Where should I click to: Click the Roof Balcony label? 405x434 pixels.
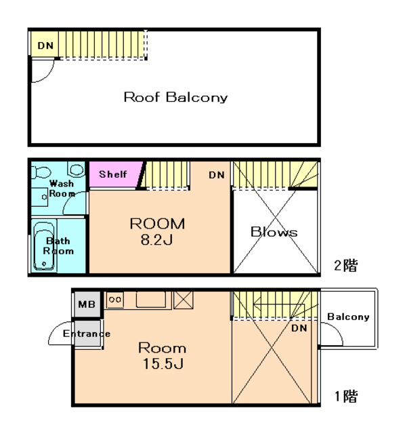(x=175, y=98)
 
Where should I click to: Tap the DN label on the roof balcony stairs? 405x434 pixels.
(x=45, y=45)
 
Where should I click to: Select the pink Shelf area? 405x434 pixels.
(x=114, y=174)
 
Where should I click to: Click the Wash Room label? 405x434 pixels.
(x=62, y=189)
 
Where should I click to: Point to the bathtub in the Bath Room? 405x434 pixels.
(x=44, y=245)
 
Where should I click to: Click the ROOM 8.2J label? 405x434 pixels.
(x=157, y=231)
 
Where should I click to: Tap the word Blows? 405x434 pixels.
(x=274, y=232)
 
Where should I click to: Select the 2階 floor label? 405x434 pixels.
(x=345, y=265)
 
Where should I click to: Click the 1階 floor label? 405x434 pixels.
(x=346, y=396)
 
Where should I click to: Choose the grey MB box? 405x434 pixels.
(x=87, y=304)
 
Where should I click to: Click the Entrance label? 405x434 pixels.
(x=87, y=334)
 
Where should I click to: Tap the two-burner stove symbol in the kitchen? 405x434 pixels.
(x=115, y=300)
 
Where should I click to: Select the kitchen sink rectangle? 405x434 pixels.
(x=151, y=299)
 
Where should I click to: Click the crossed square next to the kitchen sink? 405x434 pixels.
(x=183, y=300)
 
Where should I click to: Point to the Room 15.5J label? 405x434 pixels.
(x=163, y=355)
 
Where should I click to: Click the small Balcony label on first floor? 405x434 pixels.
(x=348, y=317)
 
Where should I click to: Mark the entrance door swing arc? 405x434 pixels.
(x=55, y=329)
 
